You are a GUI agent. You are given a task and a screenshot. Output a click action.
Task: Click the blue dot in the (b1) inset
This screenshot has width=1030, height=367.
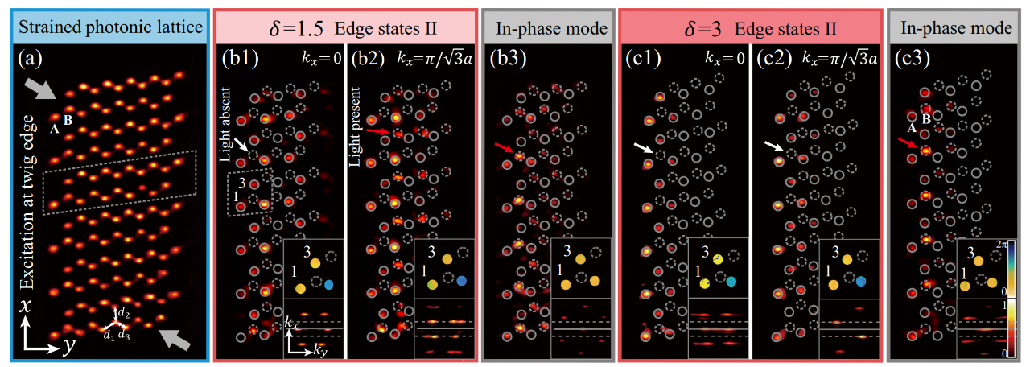point(329,284)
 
